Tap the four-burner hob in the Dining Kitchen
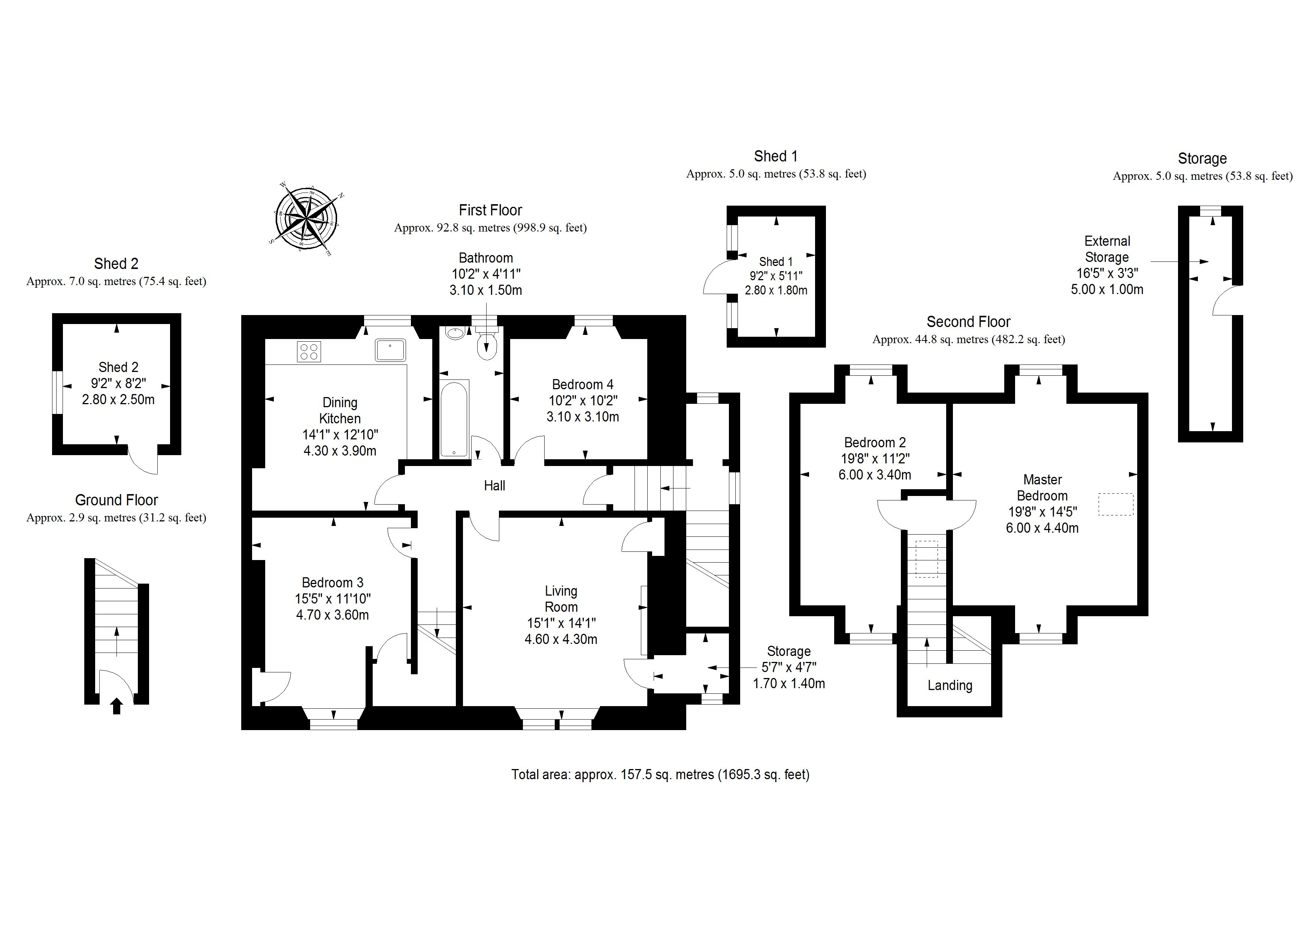click(x=309, y=351)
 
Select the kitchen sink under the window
click(x=390, y=350)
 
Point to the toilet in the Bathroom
click(x=487, y=346)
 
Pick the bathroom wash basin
click(x=455, y=333)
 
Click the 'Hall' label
click(x=494, y=486)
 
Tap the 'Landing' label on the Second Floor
click(x=950, y=685)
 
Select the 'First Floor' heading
click(x=490, y=210)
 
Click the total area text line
click(x=660, y=774)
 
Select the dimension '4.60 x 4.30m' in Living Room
click(x=561, y=639)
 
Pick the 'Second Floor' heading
click(x=968, y=322)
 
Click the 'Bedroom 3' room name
click(x=333, y=583)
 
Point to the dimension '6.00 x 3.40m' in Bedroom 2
click(x=875, y=475)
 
